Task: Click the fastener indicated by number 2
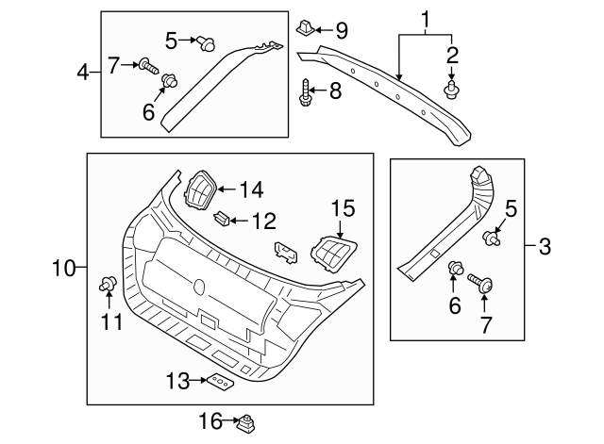pos(451,90)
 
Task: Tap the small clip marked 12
pos(222,221)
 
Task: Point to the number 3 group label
pos(545,248)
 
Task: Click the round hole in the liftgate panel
pos(198,287)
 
